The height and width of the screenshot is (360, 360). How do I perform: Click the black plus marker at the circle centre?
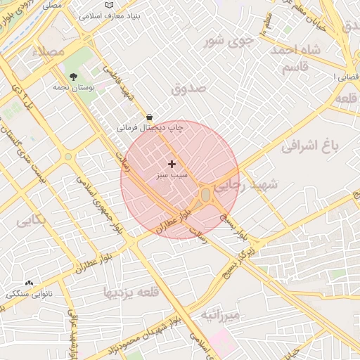pos(172,163)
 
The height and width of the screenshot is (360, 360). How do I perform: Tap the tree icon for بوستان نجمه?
pos(73,77)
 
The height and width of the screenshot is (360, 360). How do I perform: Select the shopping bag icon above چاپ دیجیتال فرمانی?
pos(149,117)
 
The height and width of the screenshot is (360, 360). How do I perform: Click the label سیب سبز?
pos(172,174)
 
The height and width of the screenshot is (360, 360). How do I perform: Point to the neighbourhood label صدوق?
pos(188,89)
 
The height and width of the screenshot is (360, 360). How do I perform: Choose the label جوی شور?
pos(229,41)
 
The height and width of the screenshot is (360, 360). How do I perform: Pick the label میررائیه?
pos(220,316)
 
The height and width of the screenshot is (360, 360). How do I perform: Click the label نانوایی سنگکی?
pos(29,293)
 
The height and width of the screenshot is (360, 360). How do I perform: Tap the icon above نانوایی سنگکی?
pos(29,283)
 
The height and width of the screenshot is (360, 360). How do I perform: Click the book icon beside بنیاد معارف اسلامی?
pos(108,6)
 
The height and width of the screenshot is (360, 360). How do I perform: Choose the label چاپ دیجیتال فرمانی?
pos(150,128)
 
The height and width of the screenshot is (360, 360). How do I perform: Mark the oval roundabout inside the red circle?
pos(205,194)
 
